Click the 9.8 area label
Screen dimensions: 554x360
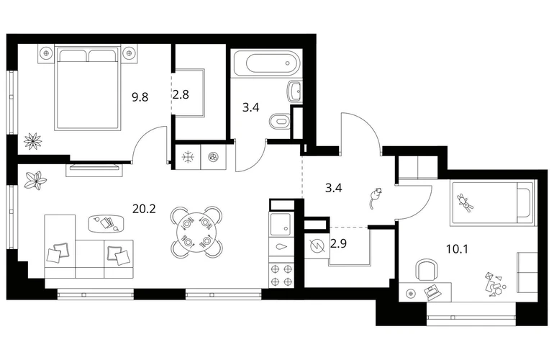140,96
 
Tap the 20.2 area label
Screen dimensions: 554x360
144,210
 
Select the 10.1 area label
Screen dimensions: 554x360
457,250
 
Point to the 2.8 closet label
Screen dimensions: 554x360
181,94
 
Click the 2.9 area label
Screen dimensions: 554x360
338,243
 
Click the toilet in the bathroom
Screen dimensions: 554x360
280,122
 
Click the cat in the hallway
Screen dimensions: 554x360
375,198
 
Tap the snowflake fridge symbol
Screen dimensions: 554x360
187,157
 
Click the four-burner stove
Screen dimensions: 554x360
281,275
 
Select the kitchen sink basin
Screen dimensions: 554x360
280,224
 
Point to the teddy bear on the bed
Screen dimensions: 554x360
466,202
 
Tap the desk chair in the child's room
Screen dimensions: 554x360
426,270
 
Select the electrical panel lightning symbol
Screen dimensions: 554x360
317,245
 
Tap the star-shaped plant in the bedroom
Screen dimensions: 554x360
33,140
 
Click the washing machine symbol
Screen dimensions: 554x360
214,157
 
